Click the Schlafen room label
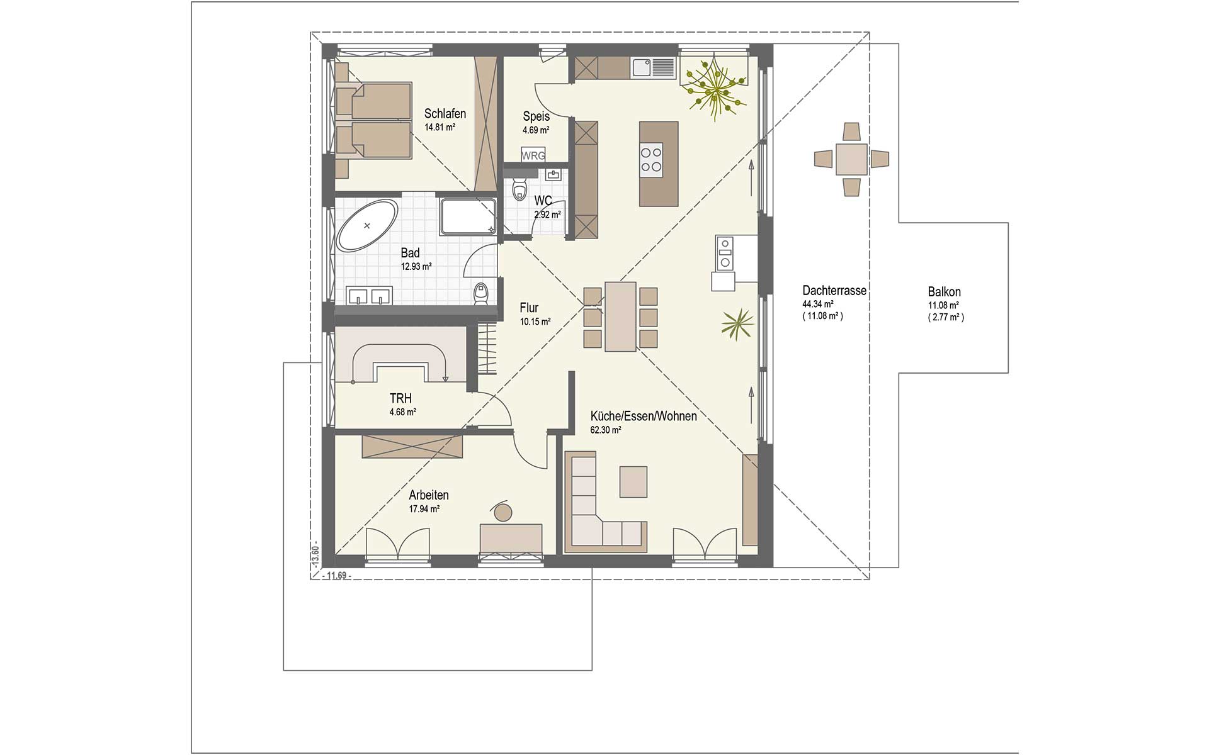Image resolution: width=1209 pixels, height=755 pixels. coord(445,114)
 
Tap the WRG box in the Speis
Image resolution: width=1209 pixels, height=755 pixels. coord(533,155)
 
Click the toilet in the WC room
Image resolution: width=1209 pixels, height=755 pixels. coord(519,190)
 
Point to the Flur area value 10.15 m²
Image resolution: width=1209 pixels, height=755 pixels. coord(535,322)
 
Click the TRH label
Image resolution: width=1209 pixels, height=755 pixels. coord(400,399)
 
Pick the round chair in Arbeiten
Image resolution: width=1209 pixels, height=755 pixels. coord(502,511)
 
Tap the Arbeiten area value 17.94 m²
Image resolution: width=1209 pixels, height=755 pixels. coord(424,509)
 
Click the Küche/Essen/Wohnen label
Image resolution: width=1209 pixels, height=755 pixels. coord(644,416)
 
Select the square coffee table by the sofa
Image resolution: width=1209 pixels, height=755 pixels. coord(633,481)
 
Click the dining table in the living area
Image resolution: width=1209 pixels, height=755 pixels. coord(620,316)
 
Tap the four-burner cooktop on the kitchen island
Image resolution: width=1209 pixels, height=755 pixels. coord(651,159)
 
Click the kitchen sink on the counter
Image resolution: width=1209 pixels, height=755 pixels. coord(653,67)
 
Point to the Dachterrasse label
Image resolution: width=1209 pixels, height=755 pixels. coord(834,291)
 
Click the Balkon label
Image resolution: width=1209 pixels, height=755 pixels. coord(944,292)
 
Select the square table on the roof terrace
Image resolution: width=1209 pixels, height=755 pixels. coord(851,159)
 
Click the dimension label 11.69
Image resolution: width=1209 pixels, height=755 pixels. coord(335,576)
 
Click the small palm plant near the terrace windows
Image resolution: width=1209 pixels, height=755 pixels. coord(737,325)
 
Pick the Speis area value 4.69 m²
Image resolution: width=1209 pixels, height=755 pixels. coord(536,130)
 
